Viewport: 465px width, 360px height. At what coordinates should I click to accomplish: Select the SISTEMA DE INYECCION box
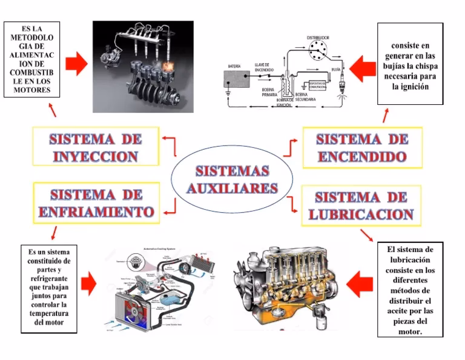(x=95, y=147)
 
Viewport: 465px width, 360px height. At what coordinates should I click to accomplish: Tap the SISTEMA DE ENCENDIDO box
(x=362, y=147)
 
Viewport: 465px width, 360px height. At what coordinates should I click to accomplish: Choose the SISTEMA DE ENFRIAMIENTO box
(x=95, y=203)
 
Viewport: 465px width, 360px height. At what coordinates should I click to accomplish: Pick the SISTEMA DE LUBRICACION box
(x=361, y=205)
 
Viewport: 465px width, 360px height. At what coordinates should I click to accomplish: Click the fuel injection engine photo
(x=143, y=67)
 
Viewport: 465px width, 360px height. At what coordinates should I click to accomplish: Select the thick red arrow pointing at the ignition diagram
(x=363, y=68)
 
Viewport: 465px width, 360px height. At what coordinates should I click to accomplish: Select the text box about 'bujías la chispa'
(x=410, y=65)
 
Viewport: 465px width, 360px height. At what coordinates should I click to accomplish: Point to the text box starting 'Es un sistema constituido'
(x=49, y=288)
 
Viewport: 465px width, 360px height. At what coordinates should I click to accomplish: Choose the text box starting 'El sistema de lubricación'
(x=410, y=290)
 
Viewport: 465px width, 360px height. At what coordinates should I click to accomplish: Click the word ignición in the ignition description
(x=410, y=87)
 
